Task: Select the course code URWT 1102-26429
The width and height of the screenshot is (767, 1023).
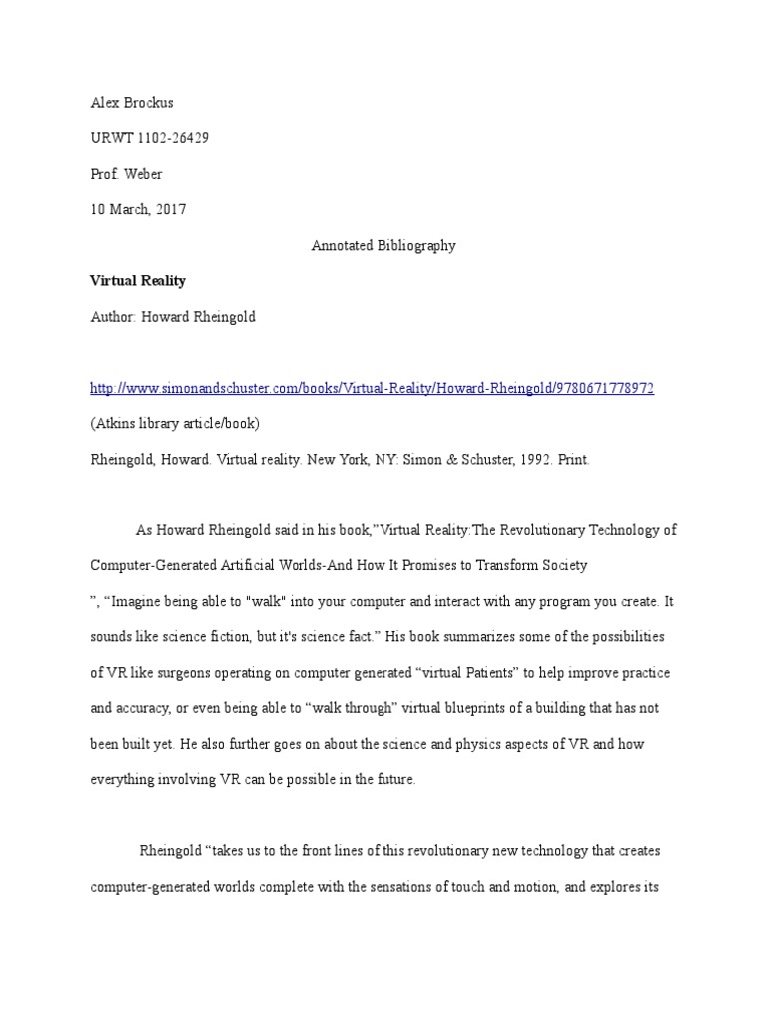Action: (x=149, y=138)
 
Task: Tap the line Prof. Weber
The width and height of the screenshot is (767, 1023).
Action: (x=126, y=174)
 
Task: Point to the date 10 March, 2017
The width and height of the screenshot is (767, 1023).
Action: (x=138, y=210)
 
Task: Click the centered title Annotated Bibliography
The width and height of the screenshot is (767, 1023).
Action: (x=383, y=246)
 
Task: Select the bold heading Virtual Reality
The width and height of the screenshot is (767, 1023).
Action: (x=138, y=281)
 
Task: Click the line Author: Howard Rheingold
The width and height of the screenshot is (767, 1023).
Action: (x=173, y=317)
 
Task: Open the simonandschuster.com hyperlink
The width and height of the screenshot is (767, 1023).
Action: (x=372, y=388)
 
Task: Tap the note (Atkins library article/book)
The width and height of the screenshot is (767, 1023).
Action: (x=175, y=423)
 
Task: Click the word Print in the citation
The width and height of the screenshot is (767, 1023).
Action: (x=575, y=459)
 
